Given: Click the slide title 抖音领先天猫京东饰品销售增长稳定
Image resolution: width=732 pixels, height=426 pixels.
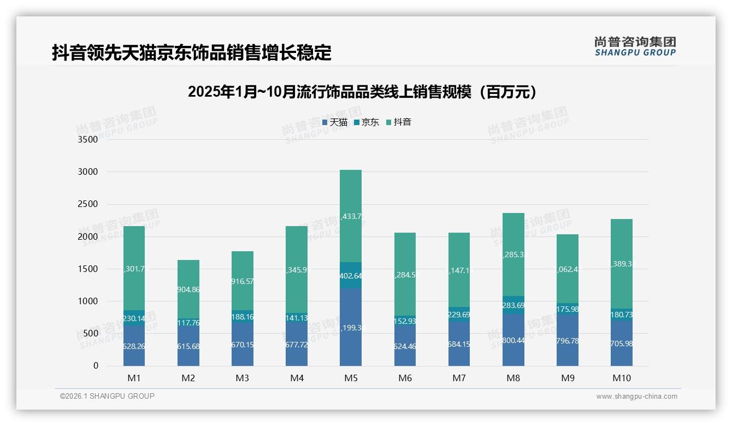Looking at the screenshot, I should tap(192, 53).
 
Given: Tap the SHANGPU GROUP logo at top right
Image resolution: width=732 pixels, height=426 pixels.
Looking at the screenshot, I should tap(635, 46).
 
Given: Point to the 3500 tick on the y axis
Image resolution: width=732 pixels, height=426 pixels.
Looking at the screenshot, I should tap(87, 140).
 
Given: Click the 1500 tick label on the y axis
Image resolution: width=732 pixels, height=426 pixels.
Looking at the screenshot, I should tap(87, 269).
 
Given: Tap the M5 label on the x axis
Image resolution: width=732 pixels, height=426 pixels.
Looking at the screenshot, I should tap(351, 378).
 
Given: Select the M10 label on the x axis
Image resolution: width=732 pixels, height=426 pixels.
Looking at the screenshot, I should tap(621, 378).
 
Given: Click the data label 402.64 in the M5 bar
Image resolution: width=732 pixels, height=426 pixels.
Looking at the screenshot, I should tap(351, 276).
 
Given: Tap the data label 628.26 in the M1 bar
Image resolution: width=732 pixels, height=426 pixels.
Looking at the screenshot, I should tap(134, 346).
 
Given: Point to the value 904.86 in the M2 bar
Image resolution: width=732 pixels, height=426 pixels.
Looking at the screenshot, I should tap(188, 290).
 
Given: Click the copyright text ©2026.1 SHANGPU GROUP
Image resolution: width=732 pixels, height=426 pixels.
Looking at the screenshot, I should tap(107, 396).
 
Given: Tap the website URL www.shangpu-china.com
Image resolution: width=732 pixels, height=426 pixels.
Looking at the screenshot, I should tap(636, 397).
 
